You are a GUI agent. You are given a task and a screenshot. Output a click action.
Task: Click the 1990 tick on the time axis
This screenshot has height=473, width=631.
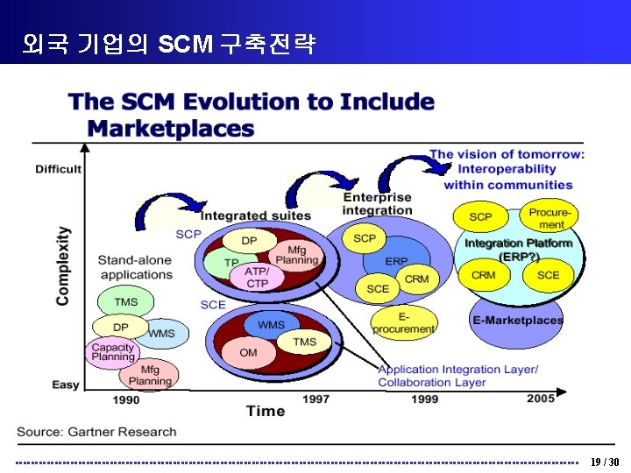click(126, 399)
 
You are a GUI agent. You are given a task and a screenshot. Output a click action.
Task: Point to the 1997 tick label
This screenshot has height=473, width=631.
click(315, 399)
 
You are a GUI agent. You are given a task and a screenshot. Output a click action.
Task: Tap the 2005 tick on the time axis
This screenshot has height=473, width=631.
click(541, 399)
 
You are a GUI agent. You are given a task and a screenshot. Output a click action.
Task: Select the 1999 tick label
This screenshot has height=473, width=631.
click(424, 399)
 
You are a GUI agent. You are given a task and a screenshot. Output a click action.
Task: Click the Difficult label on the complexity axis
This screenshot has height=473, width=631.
click(58, 169)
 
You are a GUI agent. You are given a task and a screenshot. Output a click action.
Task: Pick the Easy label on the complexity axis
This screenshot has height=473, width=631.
click(66, 385)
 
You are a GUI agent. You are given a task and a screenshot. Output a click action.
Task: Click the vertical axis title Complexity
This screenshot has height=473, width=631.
click(63, 266)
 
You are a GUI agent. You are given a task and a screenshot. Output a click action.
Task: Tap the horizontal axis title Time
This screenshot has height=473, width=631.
click(266, 411)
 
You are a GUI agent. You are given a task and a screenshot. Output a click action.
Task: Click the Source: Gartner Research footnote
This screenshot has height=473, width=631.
click(96, 432)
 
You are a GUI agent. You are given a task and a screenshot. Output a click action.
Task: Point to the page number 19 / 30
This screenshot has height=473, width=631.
click(604, 462)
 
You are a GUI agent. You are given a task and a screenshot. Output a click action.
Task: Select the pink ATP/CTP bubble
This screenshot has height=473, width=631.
click(258, 277)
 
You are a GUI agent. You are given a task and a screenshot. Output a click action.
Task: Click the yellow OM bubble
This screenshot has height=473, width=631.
click(249, 352)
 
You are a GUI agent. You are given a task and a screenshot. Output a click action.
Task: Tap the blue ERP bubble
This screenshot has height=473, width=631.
click(397, 261)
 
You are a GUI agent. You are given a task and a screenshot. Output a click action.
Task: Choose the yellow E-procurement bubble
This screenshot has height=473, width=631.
click(403, 322)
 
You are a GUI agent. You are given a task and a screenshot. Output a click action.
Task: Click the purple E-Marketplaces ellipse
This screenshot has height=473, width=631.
click(517, 319)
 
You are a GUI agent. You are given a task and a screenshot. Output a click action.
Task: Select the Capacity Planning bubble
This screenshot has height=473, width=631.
click(113, 352)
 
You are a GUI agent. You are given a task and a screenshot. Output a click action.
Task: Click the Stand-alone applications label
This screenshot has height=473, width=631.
click(135, 267)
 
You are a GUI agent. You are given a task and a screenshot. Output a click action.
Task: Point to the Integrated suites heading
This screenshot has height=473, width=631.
click(255, 215)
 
